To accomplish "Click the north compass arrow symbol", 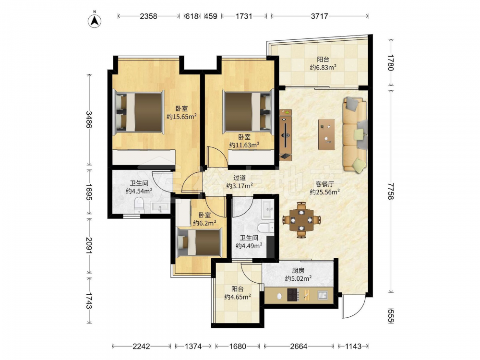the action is tap(95, 20).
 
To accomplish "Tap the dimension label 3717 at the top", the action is tap(319, 16).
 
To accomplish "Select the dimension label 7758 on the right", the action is tap(390, 192).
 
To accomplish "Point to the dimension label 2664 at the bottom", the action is tap(299, 346).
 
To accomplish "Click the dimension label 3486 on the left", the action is tap(89, 120).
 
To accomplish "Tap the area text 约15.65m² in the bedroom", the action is tap(181, 117).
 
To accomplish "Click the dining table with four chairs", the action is tap(301, 220).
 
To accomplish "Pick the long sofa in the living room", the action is tap(355, 134).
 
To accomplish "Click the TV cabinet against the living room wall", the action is tap(285, 135).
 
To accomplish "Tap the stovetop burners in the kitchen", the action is tap(293, 295).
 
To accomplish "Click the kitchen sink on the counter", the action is tap(323, 295).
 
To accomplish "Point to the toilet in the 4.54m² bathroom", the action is tap(139, 205).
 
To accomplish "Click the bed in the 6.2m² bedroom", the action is tap(199, 242).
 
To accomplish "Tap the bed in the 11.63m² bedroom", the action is tap(248, 111).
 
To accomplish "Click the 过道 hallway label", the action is tap(240, 178).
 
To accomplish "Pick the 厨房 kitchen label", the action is tap(298, 270).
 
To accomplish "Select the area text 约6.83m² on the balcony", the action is tap(323, 67).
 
